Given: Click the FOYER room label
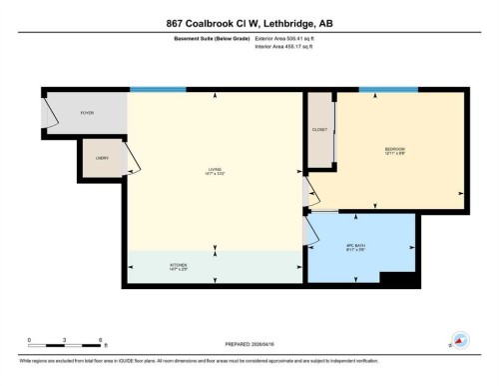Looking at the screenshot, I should [87, 113].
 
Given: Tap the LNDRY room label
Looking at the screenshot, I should [101, 159].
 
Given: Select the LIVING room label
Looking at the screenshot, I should [215, 171].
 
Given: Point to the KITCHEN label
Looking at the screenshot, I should [178, 267].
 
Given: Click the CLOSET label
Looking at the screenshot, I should [319, 130].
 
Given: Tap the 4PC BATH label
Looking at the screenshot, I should [355, 250].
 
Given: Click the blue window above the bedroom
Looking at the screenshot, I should [388, 90].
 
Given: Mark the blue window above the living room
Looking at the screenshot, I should [157, 90].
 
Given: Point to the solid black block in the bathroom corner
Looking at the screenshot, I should [400, 278].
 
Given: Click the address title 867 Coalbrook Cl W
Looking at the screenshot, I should [249, 23].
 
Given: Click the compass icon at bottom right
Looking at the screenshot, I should [460, 340].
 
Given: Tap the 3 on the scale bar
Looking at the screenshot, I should [65, 340].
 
